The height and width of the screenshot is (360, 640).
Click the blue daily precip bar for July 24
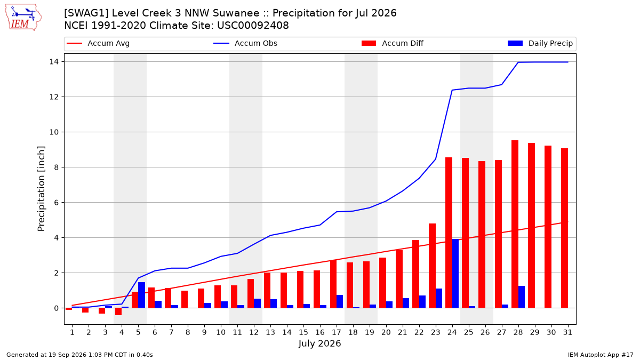[455, 274]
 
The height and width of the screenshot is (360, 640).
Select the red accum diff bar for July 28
[515, 225]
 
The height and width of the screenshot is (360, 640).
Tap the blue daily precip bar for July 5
[142, 295]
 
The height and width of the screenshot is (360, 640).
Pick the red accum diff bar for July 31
[565, 228]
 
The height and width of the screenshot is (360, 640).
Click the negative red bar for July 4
[118, 311]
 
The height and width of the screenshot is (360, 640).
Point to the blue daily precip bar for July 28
[522, 297]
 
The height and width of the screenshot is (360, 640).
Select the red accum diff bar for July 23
[433, 266]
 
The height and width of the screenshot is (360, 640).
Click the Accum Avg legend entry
[98, 43]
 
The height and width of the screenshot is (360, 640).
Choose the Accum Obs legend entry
[245, 43]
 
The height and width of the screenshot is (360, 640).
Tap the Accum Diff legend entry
[393, 43]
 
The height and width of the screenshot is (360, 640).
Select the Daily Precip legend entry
[540, 43]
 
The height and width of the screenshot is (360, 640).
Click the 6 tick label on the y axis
[57, 203]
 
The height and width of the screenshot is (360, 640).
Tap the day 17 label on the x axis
[337, 332]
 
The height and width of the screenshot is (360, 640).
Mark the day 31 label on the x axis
[567, 332]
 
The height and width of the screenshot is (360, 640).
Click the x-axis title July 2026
[319, 343]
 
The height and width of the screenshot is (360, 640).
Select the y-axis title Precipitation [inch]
[42, 189]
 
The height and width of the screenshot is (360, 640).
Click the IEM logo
[23, 18]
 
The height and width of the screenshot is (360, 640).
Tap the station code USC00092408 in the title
[253, 26]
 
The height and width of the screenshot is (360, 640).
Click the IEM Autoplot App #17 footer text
[601, 355]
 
